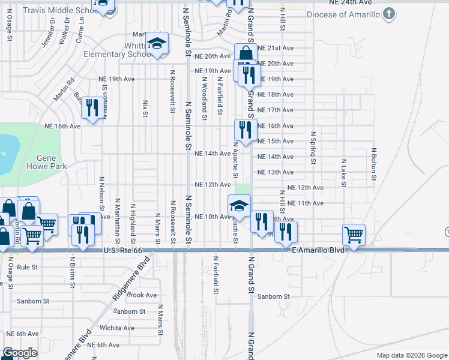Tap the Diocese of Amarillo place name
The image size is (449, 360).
[344, 14]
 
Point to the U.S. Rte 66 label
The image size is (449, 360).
[125, 250]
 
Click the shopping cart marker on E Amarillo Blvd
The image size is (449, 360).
[354, 234]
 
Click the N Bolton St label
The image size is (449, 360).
[373, 164]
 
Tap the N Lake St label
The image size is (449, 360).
[343, 173]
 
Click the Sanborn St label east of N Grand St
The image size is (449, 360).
[274, 296]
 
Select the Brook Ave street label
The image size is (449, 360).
[142, 295]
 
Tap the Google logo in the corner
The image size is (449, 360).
[20, 353]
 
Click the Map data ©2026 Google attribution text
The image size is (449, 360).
[411, 355]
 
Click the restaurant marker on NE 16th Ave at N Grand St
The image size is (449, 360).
[245, 130]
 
